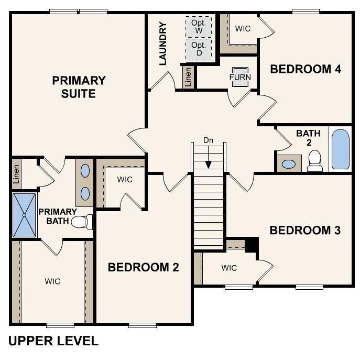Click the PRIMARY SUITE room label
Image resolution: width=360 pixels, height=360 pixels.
(x=79, y=87)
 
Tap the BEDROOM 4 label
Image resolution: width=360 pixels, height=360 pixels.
(x=306, y=69)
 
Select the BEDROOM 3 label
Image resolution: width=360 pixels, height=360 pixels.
(x=306, y=230)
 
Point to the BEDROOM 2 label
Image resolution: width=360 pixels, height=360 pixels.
(x=143, y=267)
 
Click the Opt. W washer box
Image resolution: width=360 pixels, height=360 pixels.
(x=199, y=27)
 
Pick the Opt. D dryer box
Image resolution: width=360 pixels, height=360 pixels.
(x=199, y=49)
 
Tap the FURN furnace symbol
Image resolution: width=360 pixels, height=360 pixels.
(x=240, y=77)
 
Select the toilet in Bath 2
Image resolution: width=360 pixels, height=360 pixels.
(x=315, y=161)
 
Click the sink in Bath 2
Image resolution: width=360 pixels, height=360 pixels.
(x=288, y=163)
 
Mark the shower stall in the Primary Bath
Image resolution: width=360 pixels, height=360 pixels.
(x=24, y=215)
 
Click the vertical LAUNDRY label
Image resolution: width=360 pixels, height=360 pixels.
(x=162, y=43)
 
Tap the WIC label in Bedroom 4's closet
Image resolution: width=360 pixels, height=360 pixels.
(x=243, y=28)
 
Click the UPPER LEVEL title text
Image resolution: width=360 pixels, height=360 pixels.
(x=53, y=341)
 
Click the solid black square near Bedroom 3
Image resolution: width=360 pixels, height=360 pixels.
(x=252, y=244)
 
